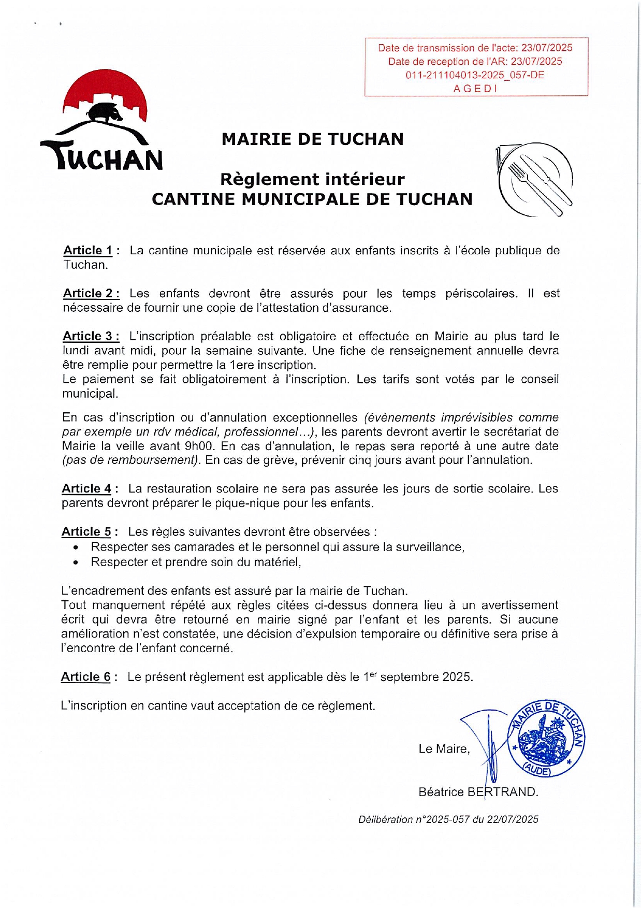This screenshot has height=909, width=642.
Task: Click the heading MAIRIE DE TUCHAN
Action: point(312,139)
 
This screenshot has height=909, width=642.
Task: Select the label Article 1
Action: point(88,251)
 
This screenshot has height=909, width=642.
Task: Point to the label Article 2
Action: point(91,294)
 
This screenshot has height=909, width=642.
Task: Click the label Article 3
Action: point(91,336)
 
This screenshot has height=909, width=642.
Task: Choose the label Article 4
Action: point(86,489)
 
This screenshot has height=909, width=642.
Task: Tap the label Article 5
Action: point(86,532)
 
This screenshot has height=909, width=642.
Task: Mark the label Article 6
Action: point(86,677)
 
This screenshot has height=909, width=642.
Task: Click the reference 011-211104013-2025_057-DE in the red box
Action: point(475,75)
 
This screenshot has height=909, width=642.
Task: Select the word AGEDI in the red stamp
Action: point(475,89)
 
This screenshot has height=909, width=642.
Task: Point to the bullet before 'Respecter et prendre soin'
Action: point(76,562)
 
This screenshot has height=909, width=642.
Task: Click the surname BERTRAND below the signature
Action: point(503,792)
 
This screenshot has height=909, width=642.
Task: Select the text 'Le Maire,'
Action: point(444,749)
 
